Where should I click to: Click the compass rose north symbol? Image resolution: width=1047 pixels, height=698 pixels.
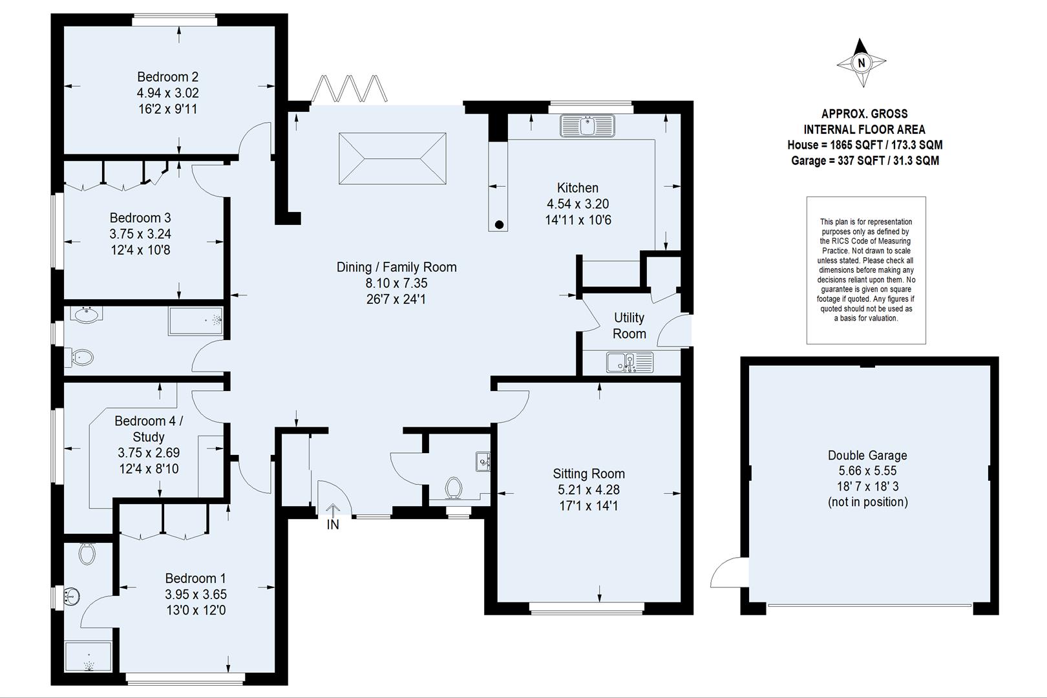pyautogui.click(x=861, y=63)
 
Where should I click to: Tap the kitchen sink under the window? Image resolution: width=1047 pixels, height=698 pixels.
pyautogui.click(x=587, y=126)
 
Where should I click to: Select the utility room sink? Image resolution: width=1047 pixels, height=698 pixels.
pyautogui.click(x=629, y=363)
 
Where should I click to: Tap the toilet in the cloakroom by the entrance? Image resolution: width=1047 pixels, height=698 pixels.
pyautogui.click(x=454, y=488)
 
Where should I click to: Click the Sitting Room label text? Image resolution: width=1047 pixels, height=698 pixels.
pyautogui.click(x=588, y=474)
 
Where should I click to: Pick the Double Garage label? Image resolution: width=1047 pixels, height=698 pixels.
pyautogui.click(x=867, y=455)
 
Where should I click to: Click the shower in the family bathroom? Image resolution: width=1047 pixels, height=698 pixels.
pyautogui.click(x=196, y=321)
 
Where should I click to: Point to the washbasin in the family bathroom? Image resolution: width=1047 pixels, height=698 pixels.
pyautogui.click(x=86, y=315)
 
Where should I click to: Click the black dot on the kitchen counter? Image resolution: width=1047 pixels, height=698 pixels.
pyautogui.click(x=499, y=224)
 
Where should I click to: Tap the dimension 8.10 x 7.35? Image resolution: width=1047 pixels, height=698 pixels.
pyautogui.click(x=396, y=283)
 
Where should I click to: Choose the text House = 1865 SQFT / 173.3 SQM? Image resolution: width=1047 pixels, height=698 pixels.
pyautogui.click(x=864, y=145)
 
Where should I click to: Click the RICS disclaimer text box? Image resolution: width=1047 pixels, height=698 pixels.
pyautogui.click(x=866, y=270)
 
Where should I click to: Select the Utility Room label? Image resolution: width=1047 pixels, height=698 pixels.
pyautogui.click(x=629, y=326)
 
